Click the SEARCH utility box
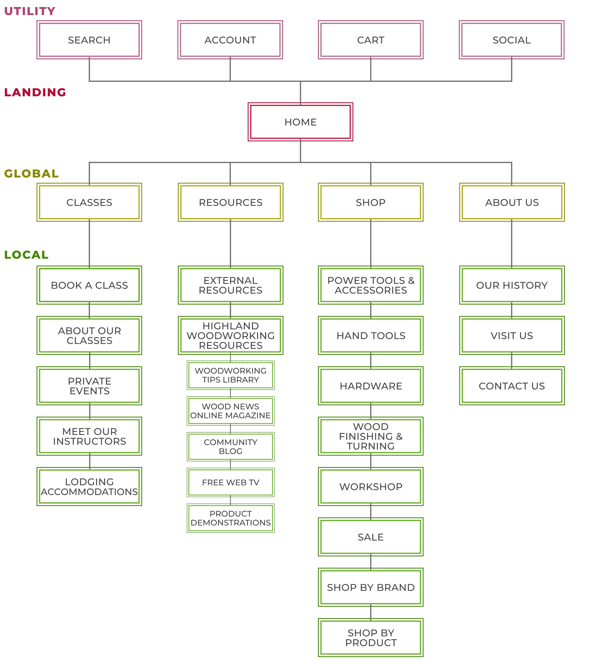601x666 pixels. [x=89, y=40]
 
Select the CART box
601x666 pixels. [x=371, y=40]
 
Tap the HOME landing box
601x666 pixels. [x=300, y=122]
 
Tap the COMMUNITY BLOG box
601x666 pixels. [x=230, y=447]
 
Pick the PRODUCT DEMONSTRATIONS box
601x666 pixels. [x=230, y=518]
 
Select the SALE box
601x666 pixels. [x=371, y=537]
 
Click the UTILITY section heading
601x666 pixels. [x=30, y=11]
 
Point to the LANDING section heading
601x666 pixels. [x=35, y=92]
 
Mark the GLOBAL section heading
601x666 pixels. [x=31, y=173]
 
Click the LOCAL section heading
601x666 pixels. [x=26, y=255]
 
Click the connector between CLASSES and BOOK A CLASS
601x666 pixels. [x=89, y=244]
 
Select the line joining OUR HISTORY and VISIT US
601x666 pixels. [x=512, y=310]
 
